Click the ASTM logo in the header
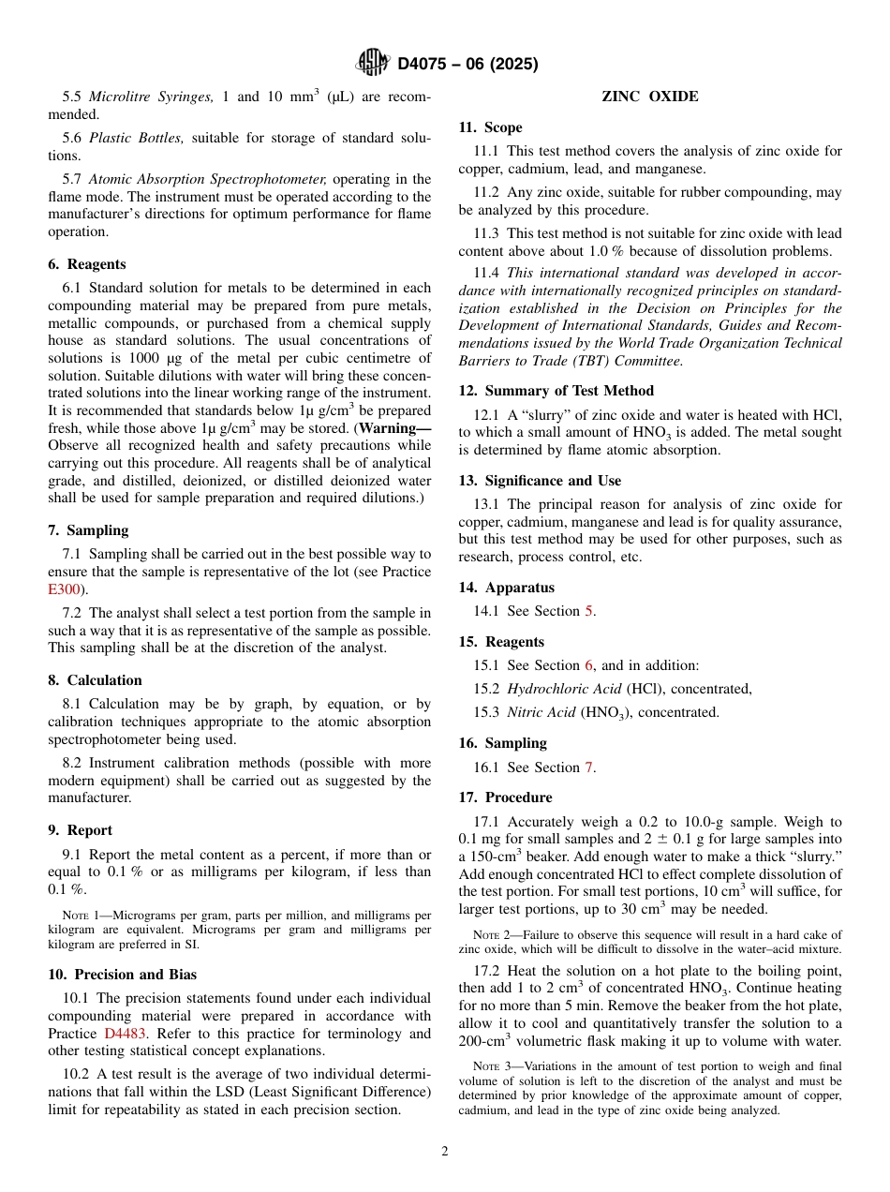373,64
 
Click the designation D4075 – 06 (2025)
467,65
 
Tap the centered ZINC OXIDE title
649,97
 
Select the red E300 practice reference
65,589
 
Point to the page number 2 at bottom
445,1151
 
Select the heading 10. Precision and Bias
122,975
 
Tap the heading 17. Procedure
505,797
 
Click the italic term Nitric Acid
541,713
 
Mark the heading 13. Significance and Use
540,481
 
